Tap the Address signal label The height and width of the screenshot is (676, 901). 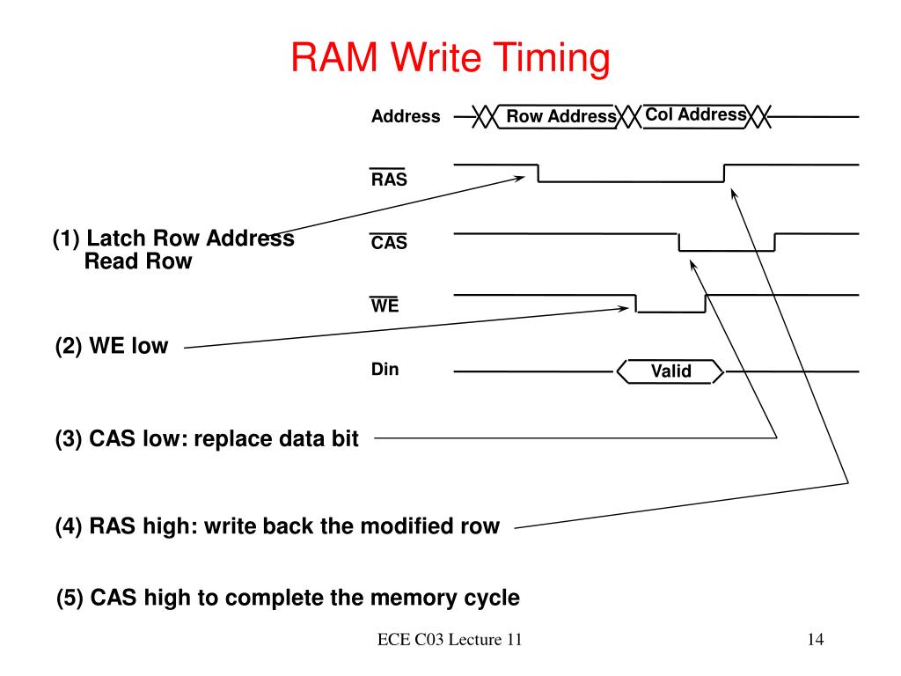tap(406, 116)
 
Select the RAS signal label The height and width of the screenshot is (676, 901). tap(388, 178)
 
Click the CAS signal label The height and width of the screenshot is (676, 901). tap(388, 242)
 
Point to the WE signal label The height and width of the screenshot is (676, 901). tap(385, 305)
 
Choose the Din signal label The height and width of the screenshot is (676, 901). tap(385, 369)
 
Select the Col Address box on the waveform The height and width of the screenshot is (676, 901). tap(695, 115)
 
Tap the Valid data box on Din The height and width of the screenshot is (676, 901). tap(670, 371)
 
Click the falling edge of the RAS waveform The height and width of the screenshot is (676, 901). tap(538, 173)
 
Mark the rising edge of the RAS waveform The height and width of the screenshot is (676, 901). tap(725, 173)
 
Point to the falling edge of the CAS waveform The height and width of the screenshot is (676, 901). tap(679, 242)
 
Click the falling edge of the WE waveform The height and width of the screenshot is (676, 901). tap(637, 304)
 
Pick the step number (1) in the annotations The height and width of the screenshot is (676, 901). tap(66, 238)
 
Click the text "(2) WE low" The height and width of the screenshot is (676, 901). tap(112, 346)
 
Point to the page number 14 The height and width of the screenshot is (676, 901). tap(816, 639)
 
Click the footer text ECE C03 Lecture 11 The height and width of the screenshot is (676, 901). tap(450, 639)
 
